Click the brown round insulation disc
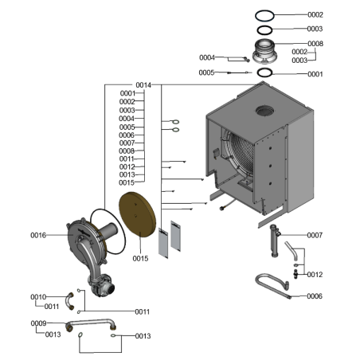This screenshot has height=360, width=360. tap(137, 214)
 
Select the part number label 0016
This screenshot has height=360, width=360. tap(38, 235)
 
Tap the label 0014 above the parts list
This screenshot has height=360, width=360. tap(143, 85)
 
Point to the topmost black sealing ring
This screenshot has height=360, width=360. tap(264, 16)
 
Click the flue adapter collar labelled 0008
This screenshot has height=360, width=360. tap(264, 52)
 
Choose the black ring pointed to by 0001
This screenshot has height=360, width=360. tap(264, 72)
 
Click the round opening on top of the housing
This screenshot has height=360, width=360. tap(264, 111)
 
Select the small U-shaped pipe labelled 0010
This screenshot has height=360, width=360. tap(69, 301)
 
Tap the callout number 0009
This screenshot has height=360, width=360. tap(38, 323)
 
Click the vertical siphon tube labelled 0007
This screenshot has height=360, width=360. tap(275, 241)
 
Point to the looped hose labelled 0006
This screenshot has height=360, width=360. tap(272, 285)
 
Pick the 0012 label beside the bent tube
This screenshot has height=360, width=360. tap(315, 275)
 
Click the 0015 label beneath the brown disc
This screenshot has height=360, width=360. tap(140, 258)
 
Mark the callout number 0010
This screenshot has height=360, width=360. tap(38, 297)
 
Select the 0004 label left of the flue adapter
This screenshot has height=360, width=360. tap(207, 57)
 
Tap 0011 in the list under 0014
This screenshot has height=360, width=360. tap(127, 158)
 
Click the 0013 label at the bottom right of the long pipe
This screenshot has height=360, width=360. tap(143, 336)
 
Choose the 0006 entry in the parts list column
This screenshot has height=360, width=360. tap(127, 135)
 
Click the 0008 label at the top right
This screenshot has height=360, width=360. tap(315, 44)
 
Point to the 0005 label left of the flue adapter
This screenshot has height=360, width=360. tap(206, 72)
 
